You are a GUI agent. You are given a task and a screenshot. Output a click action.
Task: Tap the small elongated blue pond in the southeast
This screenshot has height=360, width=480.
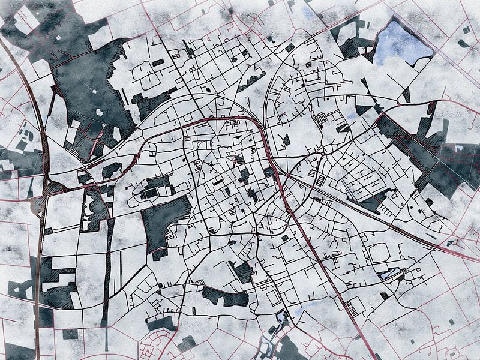click(387, 275)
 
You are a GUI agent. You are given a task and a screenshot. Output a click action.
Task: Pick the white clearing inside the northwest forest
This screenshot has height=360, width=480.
click(100, 112)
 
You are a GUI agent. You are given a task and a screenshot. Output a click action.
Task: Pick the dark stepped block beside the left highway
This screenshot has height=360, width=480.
click(57, 282)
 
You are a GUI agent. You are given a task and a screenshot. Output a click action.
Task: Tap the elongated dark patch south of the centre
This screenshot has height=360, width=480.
click(225, 296)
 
